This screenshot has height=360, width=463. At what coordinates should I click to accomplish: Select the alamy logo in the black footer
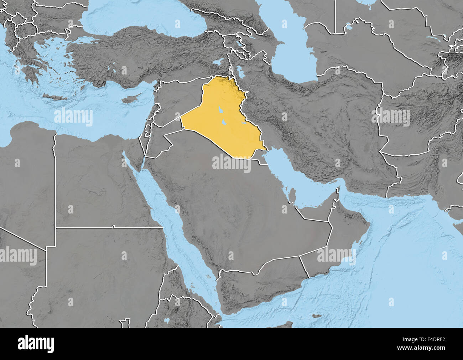36,344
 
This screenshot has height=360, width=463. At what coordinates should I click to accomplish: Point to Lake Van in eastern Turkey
217,63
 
